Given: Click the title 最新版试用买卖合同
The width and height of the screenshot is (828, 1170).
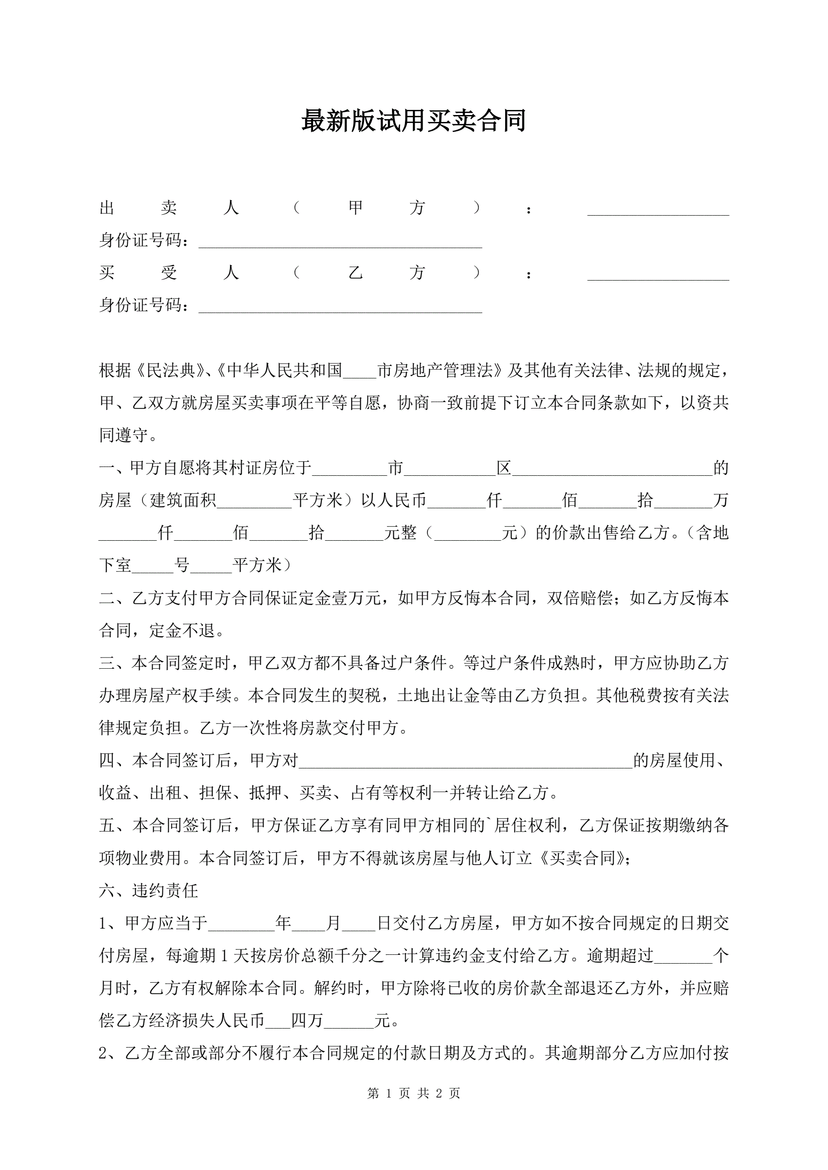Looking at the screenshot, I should [x=413, y=121].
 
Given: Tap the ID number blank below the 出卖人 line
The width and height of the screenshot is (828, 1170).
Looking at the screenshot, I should [x=340, y=242].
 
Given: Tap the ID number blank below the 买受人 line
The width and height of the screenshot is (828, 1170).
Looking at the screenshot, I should [x=340, y=307].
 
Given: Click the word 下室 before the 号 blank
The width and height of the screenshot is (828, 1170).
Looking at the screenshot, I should [x=115, y=566].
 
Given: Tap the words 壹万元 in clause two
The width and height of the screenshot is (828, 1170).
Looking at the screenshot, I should [x=357, y=598].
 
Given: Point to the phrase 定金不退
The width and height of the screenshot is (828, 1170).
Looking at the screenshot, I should [x=182, y=631].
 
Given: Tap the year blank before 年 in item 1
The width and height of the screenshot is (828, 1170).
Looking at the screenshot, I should [x=242, y=925].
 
